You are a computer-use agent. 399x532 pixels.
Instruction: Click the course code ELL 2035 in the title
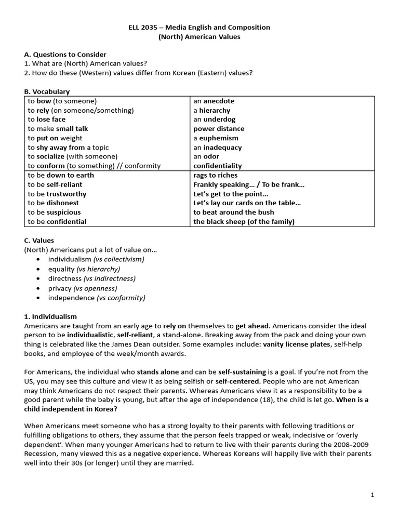143,28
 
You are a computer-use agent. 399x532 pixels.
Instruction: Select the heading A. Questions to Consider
65,55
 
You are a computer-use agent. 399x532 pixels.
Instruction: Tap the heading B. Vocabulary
47,91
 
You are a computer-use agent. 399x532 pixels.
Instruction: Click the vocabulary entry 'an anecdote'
214,101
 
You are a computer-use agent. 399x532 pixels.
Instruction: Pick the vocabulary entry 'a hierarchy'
211,111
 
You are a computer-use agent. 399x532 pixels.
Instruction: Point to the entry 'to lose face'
47,119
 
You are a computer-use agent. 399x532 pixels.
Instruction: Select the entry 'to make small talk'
58,129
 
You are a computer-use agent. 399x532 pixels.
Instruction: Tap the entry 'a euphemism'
216,138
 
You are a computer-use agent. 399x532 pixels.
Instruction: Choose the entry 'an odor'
206,156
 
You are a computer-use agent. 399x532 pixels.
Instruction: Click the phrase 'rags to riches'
215,175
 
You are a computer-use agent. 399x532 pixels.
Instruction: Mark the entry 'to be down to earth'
61,175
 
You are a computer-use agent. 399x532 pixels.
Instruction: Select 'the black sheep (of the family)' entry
244,221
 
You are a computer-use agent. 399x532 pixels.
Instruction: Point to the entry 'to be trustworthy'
57,194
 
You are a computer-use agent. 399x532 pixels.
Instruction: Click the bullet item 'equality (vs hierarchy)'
84,269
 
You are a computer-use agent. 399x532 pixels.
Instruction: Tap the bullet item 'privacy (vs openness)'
83,288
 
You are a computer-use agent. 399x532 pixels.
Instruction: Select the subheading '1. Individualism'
50,316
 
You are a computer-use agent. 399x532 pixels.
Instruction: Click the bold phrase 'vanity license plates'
296,344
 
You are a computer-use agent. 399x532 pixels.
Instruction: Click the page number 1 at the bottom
373,495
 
